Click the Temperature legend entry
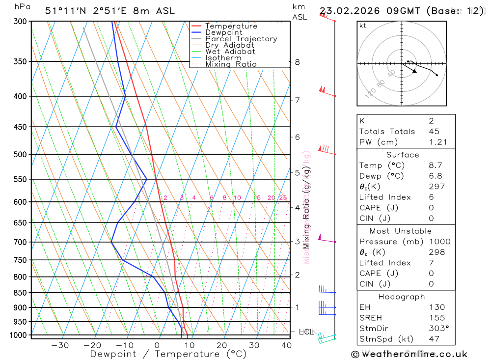[231, 26]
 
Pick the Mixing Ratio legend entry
[231, 64]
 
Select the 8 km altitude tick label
[297, 62]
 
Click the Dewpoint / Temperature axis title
[168, 354]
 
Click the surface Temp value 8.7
[435, 166]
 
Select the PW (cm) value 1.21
[437, 142]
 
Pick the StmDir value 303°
[437, 329]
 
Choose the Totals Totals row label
[387, 131]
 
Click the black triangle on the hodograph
[415, 71]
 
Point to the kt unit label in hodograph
[362, 26]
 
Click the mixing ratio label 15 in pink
[257, 197]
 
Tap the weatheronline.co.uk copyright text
[409, 354]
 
